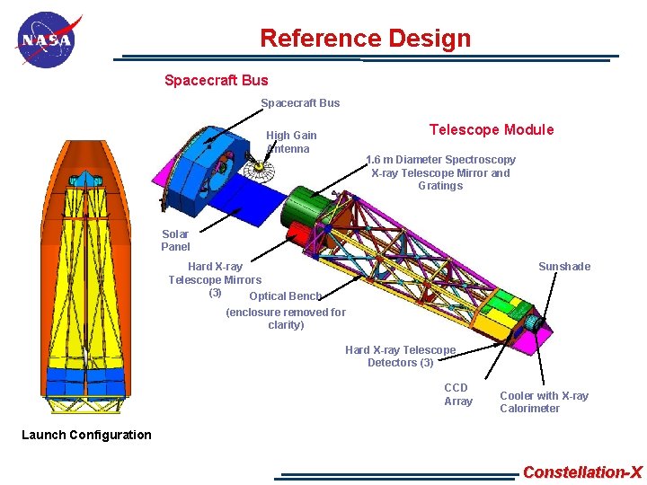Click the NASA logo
pos(47,40)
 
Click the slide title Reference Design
pos(365,39)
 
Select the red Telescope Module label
pos(492,129)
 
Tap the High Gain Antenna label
pos(290,142)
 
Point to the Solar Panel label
pos(175,241)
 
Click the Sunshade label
pos(563,266)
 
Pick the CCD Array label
pos(457,394)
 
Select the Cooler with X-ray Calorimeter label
pos(544,401)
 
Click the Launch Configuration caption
pos(86,435)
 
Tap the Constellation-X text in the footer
pos(582,472)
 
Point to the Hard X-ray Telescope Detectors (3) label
pos(400,356)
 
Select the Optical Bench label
pos(285,295)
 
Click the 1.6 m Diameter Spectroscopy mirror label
pos(440,172)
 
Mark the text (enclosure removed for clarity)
pos(286,318)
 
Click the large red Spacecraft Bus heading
pos(216,80)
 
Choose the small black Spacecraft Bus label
pos(300,102)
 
